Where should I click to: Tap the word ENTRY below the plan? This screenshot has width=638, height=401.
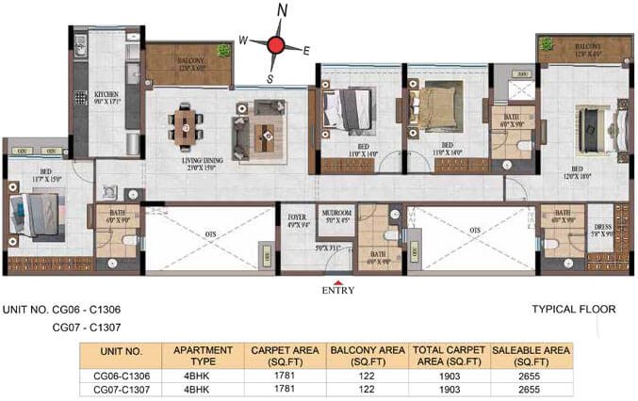point(338,291)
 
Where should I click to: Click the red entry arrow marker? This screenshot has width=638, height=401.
point(338,280)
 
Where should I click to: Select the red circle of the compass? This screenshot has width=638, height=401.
point(276,44)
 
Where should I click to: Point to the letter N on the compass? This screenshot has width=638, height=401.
point(281,11)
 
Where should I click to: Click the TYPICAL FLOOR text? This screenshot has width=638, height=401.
point(574,309)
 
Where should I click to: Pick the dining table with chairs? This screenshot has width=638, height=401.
point(185,127)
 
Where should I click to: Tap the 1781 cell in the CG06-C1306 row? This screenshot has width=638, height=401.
point(280,374)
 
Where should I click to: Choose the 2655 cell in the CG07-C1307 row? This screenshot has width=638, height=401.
point(531,388)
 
